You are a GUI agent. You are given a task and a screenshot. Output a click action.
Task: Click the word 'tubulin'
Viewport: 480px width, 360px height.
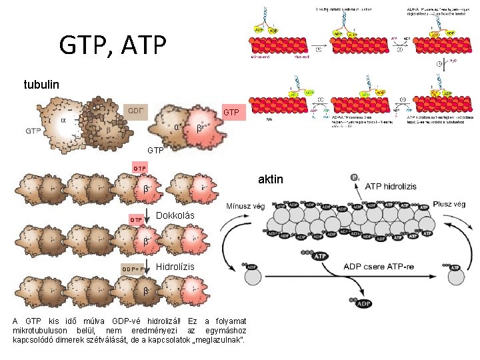(42, 85)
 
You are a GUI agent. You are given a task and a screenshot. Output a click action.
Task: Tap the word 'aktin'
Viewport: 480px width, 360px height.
(270, 179)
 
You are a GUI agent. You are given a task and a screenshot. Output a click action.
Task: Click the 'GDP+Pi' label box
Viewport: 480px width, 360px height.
(135, 269)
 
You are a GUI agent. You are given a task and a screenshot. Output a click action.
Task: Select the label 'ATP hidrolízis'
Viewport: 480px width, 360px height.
(391, 186)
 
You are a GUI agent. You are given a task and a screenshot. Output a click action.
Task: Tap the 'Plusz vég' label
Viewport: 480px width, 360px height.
(449, 204)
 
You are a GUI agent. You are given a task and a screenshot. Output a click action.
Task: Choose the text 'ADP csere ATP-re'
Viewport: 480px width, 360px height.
(381, 266)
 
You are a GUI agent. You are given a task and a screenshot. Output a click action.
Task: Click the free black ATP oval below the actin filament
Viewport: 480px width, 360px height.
(320, 255)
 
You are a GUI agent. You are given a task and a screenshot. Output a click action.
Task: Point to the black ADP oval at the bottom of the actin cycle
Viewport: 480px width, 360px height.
(364, 303)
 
